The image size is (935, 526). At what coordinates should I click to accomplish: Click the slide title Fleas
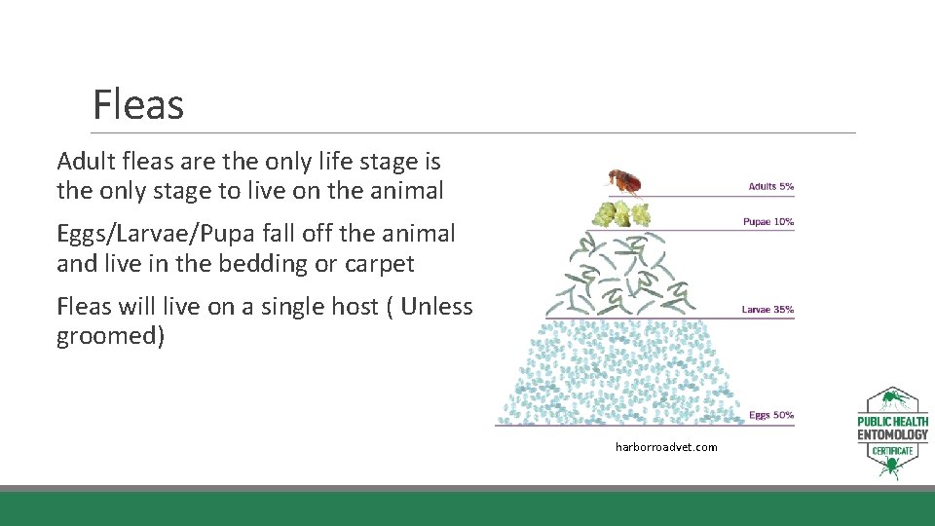pos(137,104)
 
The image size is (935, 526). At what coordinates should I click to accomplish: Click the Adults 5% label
pos(770,186)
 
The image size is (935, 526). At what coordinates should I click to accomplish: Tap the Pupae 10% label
pos(768,222)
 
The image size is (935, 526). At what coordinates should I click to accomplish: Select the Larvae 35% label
pos(767,310)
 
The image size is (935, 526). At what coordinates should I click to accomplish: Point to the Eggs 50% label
pos(771,416)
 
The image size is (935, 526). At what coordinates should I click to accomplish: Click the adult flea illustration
pos(625,182)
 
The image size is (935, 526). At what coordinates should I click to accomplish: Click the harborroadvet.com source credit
pos(666,447)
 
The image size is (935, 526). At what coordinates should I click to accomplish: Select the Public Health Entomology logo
pos(892,432)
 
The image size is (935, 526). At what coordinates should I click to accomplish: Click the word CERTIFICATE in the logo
pos(892,451)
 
